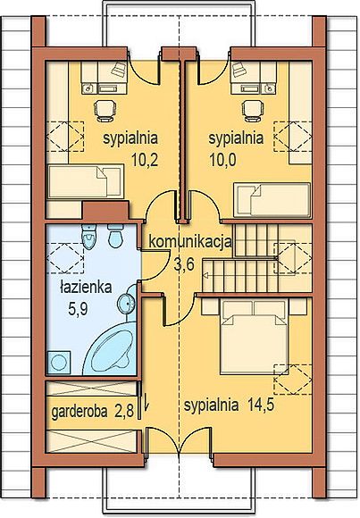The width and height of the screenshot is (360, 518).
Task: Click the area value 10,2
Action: (x=145, y=160)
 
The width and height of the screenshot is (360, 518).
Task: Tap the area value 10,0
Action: (x=222, y=160)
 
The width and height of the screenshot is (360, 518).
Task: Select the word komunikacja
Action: (x=190, y=242)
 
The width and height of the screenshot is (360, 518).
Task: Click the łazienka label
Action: (x=87, y=287)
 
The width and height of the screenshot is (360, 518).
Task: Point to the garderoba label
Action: (x=80, y=412)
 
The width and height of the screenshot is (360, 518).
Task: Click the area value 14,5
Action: (x=261, y=405)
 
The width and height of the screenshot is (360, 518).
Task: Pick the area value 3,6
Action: (x=184, y=264)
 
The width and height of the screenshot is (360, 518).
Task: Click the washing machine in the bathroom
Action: (x=59, y=363)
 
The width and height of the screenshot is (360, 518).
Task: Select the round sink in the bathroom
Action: (x=127, y=303)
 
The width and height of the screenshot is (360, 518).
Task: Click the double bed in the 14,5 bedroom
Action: (x=254, y=337)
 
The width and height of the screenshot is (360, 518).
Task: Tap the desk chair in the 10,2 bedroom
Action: (x=105, y=109)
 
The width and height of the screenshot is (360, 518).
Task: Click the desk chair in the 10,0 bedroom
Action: (x=253, y=109)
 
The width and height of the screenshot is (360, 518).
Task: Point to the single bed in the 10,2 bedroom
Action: (x=86, y=181)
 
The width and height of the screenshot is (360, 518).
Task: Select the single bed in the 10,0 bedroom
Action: (x=272, y=200)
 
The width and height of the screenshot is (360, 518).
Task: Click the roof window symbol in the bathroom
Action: (x=65, y=258)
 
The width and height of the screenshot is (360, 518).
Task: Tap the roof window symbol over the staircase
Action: (x=293, y=258)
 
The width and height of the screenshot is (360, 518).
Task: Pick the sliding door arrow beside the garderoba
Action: (x=147, y=401)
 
